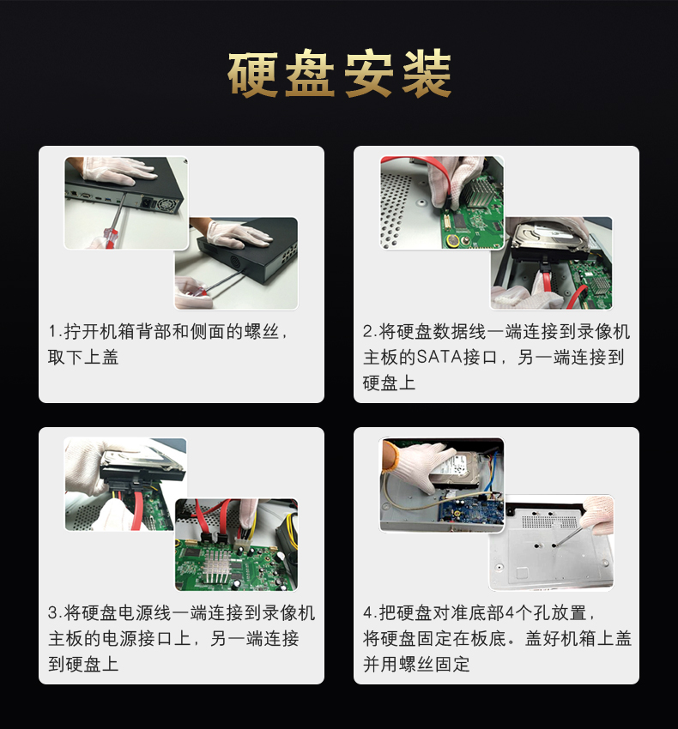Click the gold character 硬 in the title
[x=253, y=75]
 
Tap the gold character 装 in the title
[x=427, y=75]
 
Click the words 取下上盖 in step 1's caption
[x=83, y=358]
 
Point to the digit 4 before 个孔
[x=510, y=612]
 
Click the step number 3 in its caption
[x=53, y=612]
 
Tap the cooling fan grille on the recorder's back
[x=166, y=205]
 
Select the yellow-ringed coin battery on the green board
[x=451, y=241]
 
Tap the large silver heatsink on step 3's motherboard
[x=216, y=566]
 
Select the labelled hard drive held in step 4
[x=456, y=468]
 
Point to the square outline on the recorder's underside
[x=523, y=574]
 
